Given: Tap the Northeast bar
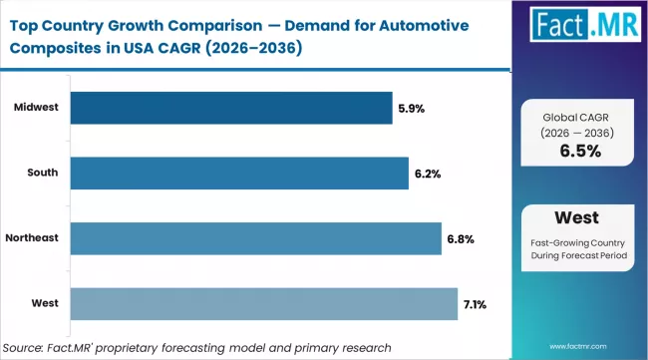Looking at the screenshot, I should click(257, 238).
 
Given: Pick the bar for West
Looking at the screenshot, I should click(265, 303).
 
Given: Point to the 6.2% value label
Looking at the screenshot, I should click(430, 174).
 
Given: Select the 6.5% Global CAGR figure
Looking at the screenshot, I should click(580, 151).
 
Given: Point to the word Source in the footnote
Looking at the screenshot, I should click(29, 347).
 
